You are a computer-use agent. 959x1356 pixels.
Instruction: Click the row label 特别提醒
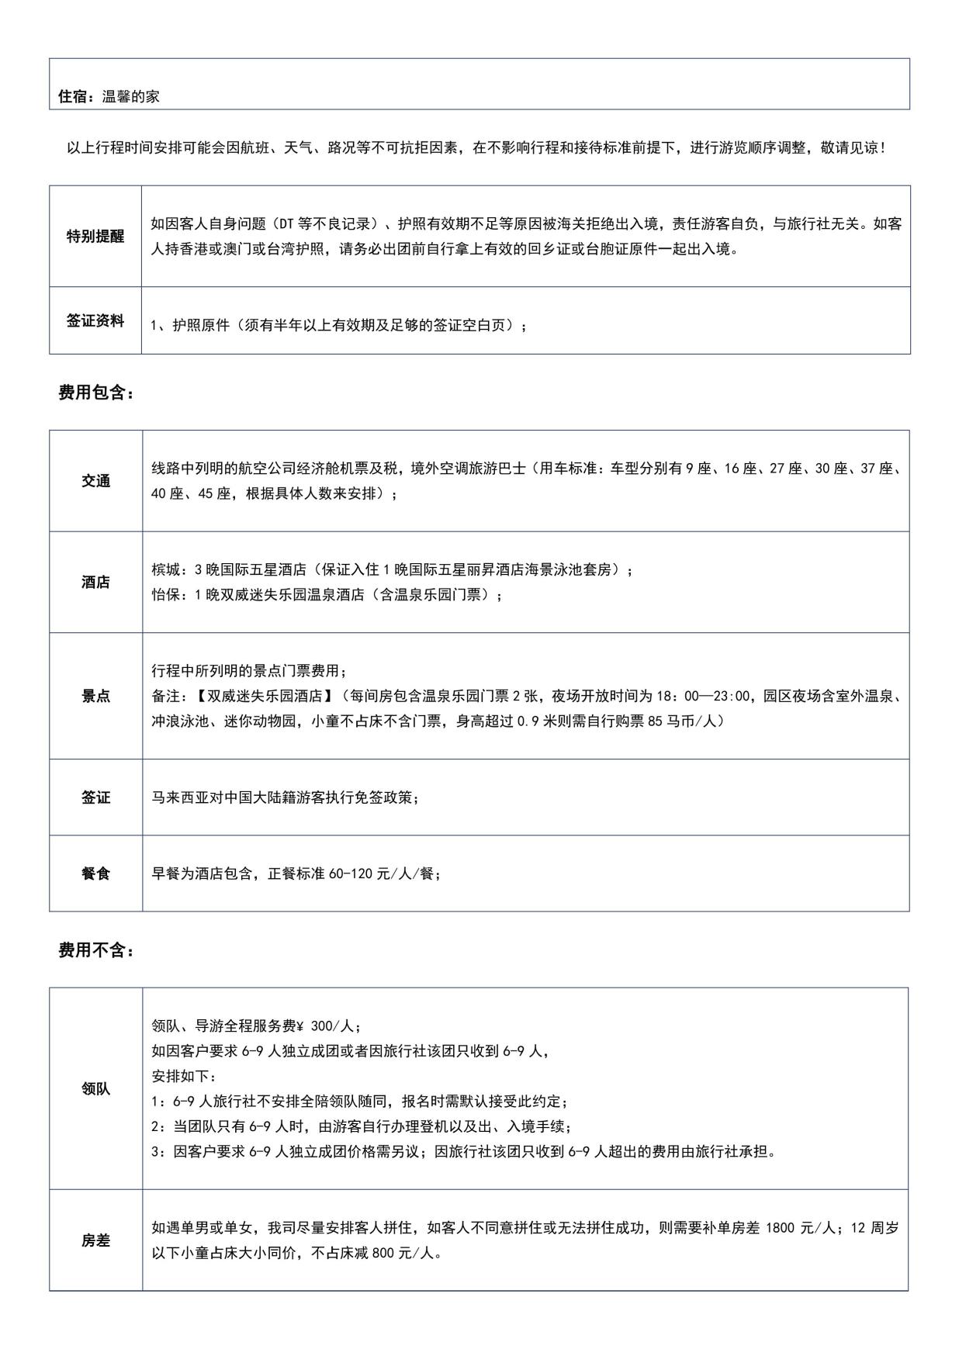pyautogui.click(x=95, y=237)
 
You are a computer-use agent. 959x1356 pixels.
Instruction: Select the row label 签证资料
pyautogui.click(x=95, y=321)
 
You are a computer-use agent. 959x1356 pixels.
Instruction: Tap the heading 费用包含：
pyautogui.click(x=96, y=393)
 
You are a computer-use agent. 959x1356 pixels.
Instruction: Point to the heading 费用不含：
pyautogui.click(x=96, y=950)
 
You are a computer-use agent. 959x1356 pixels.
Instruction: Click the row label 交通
pyautogui.click(x=95, y=481)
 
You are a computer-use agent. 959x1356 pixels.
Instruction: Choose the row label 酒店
pyautogui.click(x=95, y=583)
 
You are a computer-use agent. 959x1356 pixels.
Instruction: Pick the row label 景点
pyautogui.click(x=95, y=696)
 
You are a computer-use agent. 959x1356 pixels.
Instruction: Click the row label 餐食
pyautogui.click(x=95, y=873)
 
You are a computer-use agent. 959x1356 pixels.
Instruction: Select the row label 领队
pyautogui.click(x=95, y=1088)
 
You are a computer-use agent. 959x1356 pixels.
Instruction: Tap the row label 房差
pyautogui.click(x=95, y=1241)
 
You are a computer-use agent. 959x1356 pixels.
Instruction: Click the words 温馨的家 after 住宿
pyautogui.click(x=131, y=97)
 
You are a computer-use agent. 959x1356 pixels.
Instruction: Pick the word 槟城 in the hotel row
pyautogui.click(x=164, y=570)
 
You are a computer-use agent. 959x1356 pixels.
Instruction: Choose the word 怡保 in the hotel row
pyautogui.click(x=164, y=595)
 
